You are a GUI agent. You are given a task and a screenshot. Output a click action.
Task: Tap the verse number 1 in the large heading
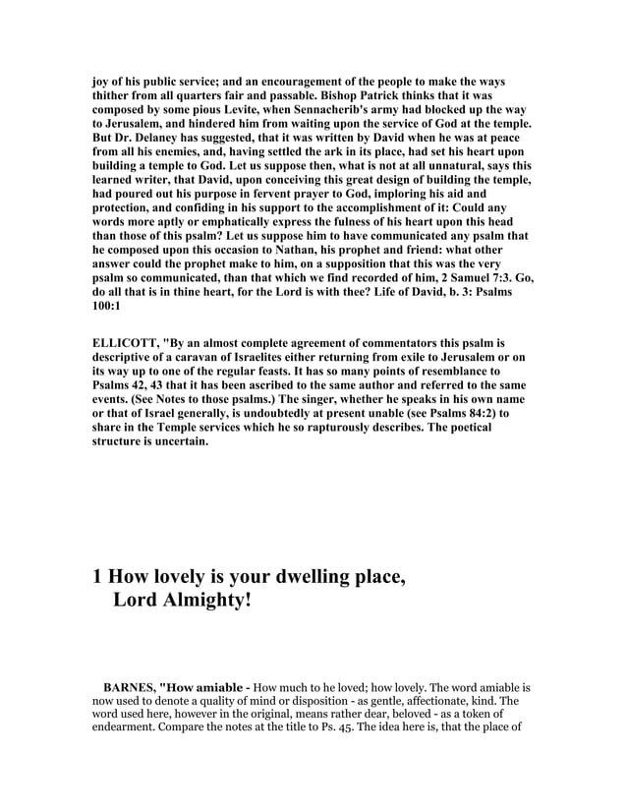coord(98,577)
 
